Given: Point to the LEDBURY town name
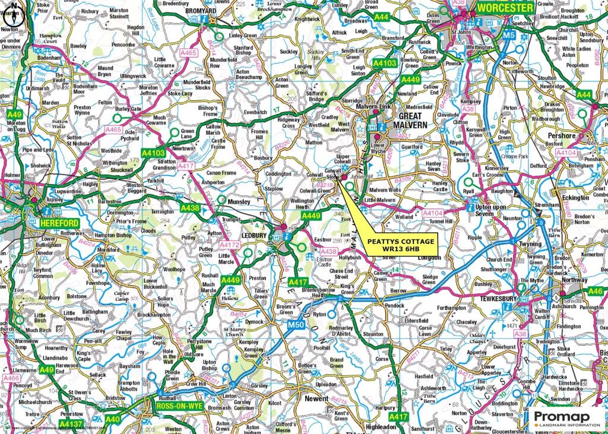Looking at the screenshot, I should point(255,226).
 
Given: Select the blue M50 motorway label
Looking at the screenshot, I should point(296,325).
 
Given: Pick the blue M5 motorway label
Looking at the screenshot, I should point(508,36).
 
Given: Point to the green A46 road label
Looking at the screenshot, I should point(594,291).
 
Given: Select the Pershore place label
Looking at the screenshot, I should point(561,136).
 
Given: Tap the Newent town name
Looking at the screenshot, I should point(316,399).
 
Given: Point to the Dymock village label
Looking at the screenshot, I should point(254,322).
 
